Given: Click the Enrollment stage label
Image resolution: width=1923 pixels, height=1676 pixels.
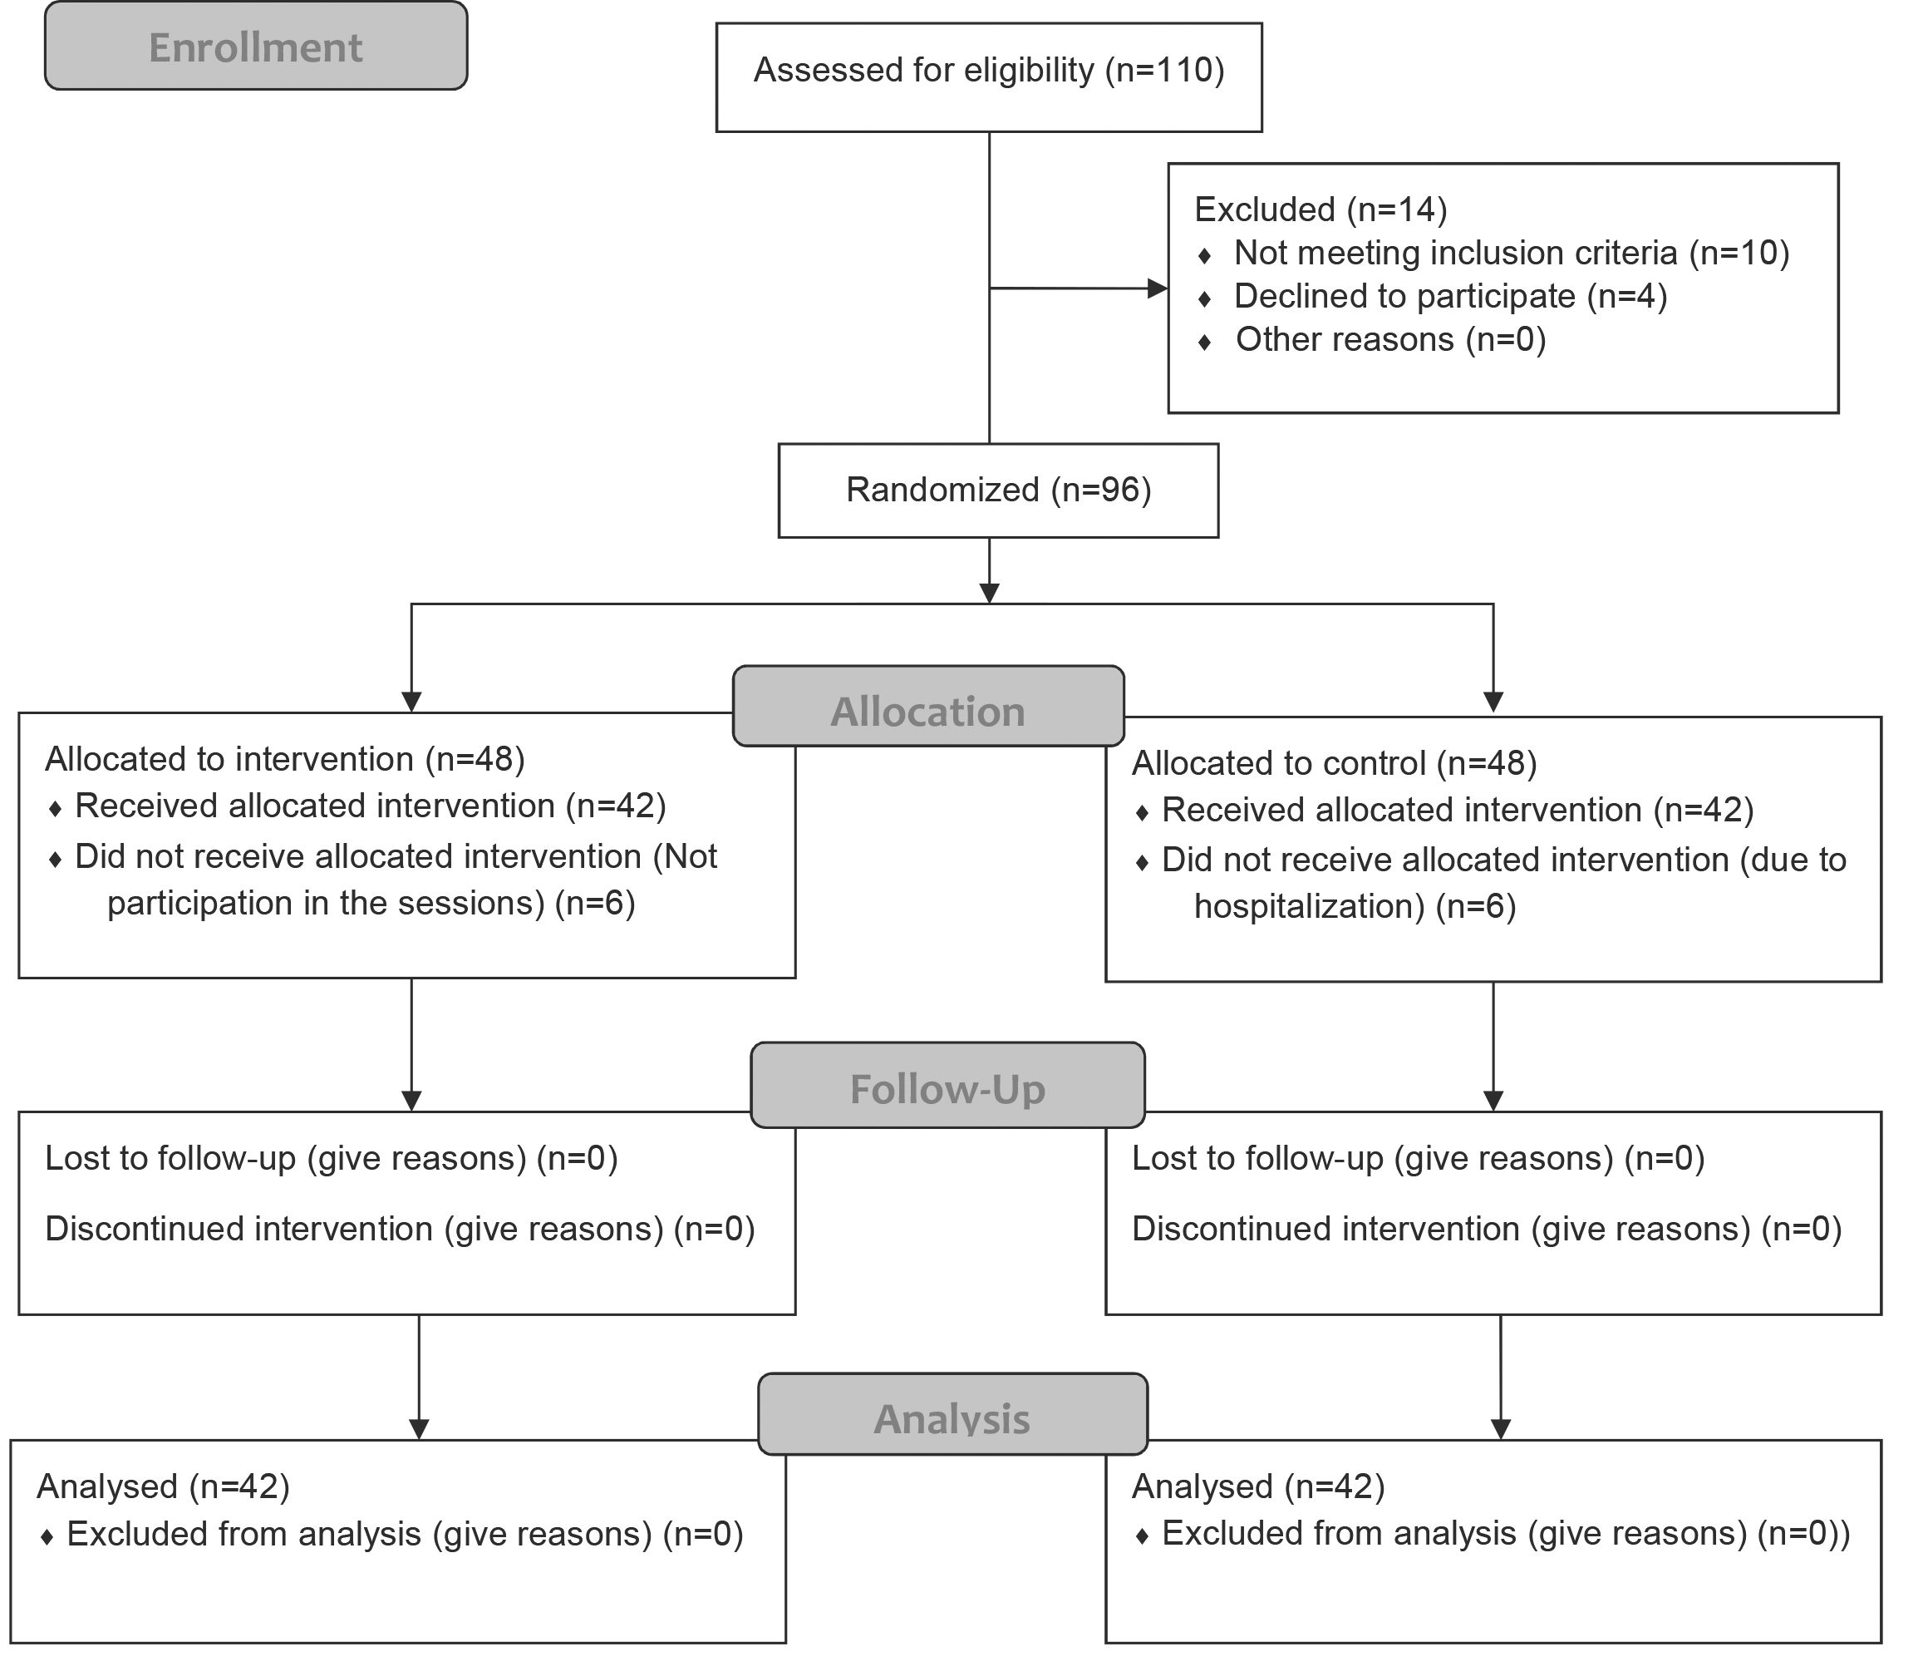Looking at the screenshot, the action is pyautogui.click(x=255, y=47).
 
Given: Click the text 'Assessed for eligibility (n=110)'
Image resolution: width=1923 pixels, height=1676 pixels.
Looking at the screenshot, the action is pyautogui.click(x=989, y=70).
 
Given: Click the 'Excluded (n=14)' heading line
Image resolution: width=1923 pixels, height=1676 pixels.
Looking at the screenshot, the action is pyautogui.click(x=1321, y=209).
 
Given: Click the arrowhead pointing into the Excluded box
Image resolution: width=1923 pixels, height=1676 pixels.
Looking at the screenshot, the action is pyautogui.click(x=1158, y=288).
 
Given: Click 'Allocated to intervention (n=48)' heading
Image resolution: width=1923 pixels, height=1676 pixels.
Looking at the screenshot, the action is pyautogui.click(x=285, y=758).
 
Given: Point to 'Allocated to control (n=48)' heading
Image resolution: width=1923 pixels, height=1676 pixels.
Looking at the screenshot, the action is pyautogui.click(x=1335, y=763).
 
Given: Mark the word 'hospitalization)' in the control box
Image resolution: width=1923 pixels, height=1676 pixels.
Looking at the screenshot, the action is pyautogui.click(x=1310, y=906).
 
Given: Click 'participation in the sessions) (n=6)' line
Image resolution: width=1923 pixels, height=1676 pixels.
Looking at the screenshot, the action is pyautogui.click(x=371, y=903).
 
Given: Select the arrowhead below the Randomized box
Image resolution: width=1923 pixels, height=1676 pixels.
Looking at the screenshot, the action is pyautogui.click(x=989, y=594).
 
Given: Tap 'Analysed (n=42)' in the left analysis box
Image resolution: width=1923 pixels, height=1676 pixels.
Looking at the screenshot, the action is pyautogui.click(x=164, y=1486).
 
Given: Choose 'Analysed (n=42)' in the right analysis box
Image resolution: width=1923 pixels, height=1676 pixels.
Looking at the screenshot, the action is pyautogui.click(x=1258, y=1486).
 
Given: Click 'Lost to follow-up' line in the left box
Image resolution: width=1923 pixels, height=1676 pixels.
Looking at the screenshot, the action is pyautogui.click(x=332, y=1158).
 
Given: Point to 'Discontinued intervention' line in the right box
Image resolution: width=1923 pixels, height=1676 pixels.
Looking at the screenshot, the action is pyautogui.click(x=1488, y=1228).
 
